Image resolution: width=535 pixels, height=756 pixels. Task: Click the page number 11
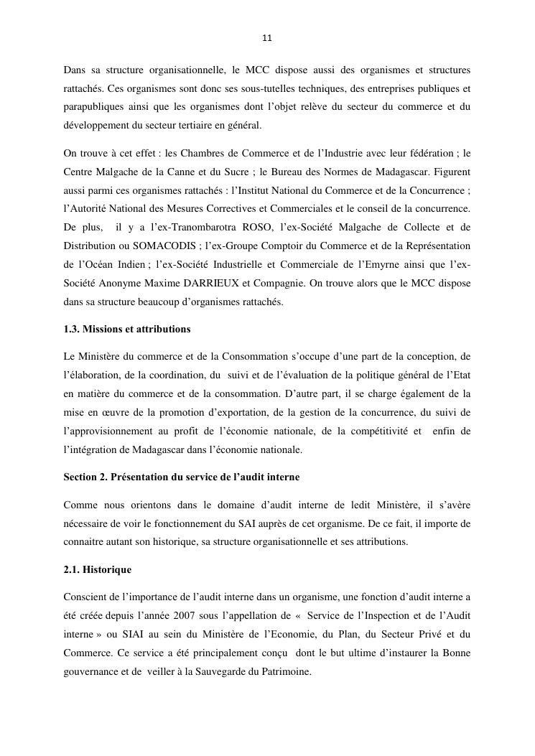[267, 38]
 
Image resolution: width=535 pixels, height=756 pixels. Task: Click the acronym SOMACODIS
[158, 246]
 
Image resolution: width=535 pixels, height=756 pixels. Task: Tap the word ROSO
[253, 227]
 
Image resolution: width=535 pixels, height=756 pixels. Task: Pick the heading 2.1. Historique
[97, 569]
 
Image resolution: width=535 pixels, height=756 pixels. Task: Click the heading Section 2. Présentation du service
[181, 477]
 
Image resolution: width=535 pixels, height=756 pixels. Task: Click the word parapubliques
[93, 107]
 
